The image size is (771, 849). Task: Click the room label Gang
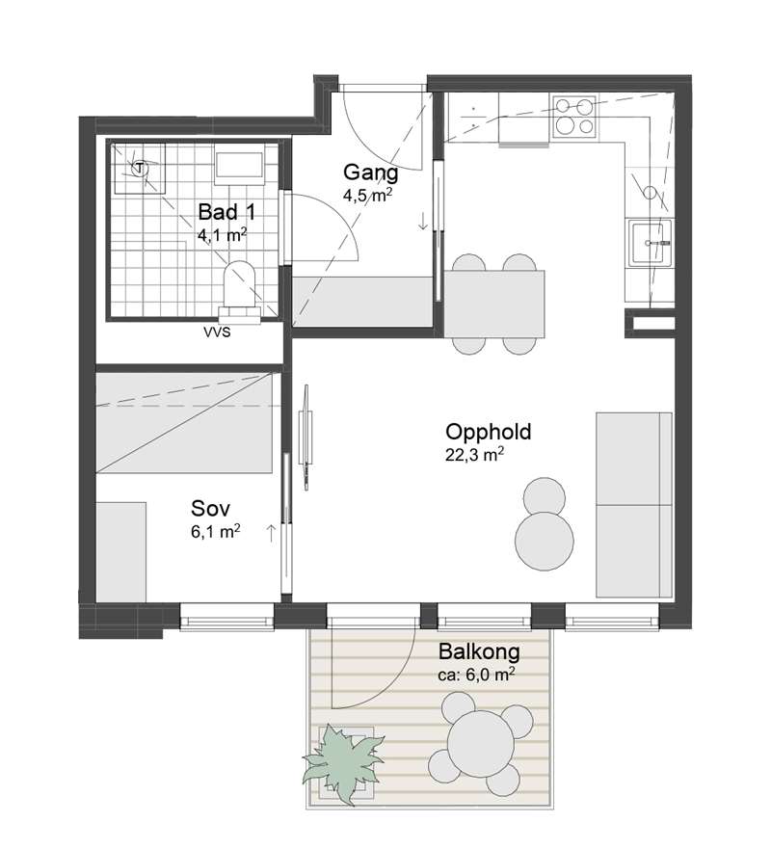[371, 173]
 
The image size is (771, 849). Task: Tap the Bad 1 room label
[226, 212]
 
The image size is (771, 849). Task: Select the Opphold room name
[489, 432]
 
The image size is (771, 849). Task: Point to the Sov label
[211, 509]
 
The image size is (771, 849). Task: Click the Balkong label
[479, 651]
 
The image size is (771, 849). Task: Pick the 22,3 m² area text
[474, 454]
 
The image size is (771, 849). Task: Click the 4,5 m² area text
[367, 195]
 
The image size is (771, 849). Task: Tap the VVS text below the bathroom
[217, 332]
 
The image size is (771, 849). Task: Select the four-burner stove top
[574, 116]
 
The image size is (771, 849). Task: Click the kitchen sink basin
[650, 243]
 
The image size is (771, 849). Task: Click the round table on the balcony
[480, 745]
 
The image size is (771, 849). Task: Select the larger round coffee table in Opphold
[545, 541]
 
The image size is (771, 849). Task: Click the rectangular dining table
[494, 304]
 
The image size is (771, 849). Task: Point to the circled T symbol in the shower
[141, 168]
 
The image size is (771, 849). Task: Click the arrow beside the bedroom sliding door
[271, 533]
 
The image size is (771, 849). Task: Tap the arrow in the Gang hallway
[423, 221]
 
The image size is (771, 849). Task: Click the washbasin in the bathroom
[239, 164]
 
